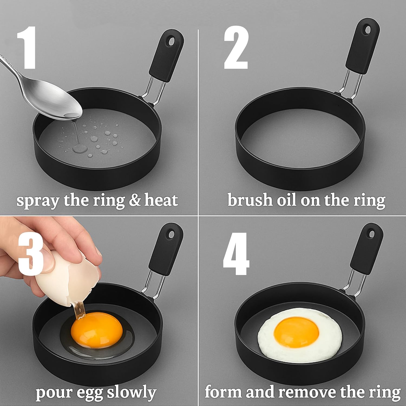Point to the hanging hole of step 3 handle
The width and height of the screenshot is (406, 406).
[171, 233]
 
